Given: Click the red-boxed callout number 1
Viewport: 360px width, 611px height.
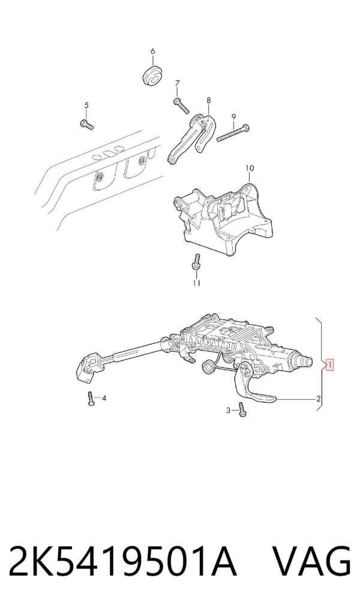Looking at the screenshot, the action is coord(329,365).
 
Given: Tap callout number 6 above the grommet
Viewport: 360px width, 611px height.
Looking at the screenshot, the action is coord(152,52).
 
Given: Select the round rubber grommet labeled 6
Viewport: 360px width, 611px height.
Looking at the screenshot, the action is coord(153,76).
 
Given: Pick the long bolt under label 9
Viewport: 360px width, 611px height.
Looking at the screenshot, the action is coord(233,133).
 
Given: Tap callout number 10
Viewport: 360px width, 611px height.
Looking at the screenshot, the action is coord(250,168).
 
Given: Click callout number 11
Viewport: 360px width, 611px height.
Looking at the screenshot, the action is coord(196,283).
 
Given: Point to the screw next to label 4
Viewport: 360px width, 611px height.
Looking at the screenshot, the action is coord(91,399).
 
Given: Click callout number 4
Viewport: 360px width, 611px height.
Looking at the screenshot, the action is coord(104,399).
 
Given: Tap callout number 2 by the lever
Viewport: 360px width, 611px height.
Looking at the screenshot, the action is coord(319,399).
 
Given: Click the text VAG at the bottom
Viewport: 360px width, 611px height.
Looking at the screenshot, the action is coord(311,562).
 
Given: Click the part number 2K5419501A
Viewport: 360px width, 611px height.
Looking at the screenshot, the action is coord(123,562).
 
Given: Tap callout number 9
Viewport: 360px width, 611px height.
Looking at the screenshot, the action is coord(234,116).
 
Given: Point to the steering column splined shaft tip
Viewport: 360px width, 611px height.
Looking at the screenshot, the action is coord(305,360).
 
